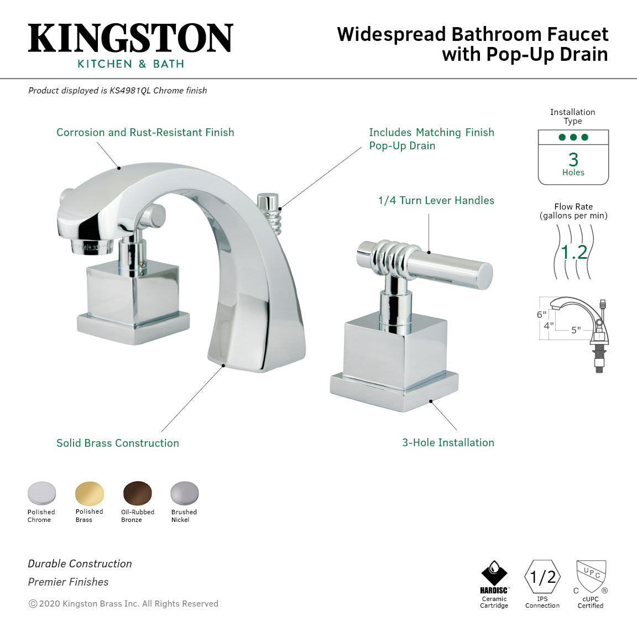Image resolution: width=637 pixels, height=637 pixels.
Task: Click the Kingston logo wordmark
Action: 130,38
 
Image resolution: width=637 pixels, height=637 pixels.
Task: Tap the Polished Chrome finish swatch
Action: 42,493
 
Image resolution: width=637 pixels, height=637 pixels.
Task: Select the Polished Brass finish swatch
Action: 90,493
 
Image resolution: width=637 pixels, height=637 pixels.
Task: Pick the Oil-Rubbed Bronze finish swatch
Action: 137,493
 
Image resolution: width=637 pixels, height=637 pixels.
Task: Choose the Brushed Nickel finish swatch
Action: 184,493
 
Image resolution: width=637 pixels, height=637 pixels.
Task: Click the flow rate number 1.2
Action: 573,252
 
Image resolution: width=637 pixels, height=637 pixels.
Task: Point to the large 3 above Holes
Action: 573,159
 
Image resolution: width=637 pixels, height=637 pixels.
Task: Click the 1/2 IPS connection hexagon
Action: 542,577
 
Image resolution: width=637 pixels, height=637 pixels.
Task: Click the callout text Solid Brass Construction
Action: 118,443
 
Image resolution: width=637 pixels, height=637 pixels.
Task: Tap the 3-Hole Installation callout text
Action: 448,442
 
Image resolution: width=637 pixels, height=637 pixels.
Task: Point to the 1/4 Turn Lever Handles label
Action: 436,200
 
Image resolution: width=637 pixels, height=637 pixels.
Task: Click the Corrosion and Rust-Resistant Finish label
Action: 145,132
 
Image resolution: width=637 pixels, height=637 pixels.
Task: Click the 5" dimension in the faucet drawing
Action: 576,330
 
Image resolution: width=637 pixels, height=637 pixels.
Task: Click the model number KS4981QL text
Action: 129,91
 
